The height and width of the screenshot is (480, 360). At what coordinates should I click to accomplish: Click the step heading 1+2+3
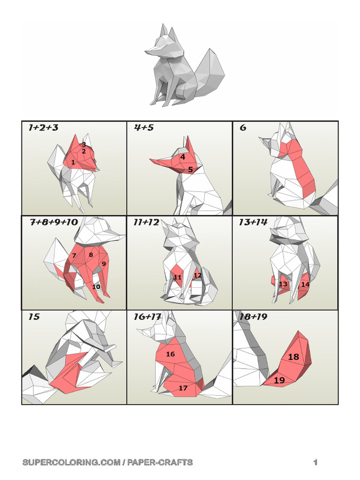click(x=43, y=127)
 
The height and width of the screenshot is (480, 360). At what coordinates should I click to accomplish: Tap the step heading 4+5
click(x=144, y=127)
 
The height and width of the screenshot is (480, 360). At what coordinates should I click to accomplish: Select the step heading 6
click(x=243, y=127)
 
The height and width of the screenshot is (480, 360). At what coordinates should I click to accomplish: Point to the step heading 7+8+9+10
click(x=54, y=222)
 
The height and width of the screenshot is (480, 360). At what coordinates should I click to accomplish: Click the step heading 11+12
click(x=146, y=222)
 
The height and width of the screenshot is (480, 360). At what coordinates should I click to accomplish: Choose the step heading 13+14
click(x=253, y=222)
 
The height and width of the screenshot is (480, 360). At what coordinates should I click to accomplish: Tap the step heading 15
click(x=34, y=317)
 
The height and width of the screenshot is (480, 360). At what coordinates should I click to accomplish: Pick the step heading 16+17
click(x=147, y=317)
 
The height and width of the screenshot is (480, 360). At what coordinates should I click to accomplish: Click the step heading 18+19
click(x=253, y=317)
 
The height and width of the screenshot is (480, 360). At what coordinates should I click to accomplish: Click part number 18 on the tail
click(x=293, y=357)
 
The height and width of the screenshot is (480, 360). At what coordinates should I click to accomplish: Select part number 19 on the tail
click(x=279, y=380)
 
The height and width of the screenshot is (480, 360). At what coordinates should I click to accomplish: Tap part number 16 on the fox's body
click(x=170, y=354)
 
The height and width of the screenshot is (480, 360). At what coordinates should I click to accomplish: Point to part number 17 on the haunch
click(x=183, y=388)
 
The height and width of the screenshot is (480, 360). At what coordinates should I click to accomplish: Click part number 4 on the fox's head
click(x=183, y=157)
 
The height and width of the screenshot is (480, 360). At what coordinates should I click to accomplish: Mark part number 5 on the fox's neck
click(x=190, y=170)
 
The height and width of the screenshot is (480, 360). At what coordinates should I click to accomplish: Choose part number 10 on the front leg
click(x=96, y=287)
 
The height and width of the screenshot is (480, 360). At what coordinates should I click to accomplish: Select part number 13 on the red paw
click(x=283, y=284)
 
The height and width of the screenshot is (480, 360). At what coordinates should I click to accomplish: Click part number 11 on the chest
click(x=178, y=277)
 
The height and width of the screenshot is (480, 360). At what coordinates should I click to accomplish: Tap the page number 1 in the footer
click(x=315, y=463)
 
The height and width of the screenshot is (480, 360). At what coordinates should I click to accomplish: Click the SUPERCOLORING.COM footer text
click(x=70, y=463)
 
